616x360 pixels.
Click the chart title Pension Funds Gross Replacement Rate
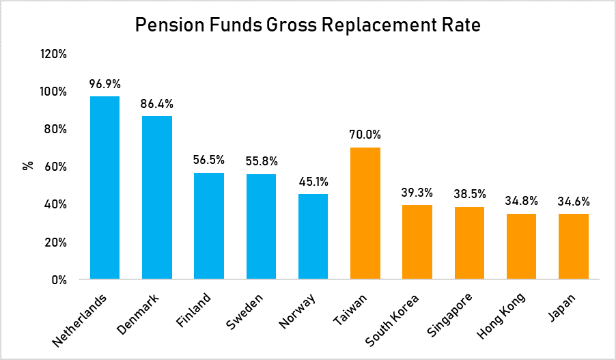click(x=308, y=25)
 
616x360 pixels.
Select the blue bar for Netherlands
click(x=104, y=188)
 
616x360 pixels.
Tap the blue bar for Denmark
click(x=156, y=197)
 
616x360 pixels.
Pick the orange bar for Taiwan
click(x=365, y=213)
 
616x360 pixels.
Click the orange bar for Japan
click(x=573, y=247)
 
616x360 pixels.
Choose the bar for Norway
click(x=313, y=236)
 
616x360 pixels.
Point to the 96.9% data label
click(x=104, y=84)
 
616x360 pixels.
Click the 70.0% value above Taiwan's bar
click(x=365, y=135)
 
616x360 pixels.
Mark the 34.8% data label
click(x=521, y=201)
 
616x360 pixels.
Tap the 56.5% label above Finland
click(x=209, y=161)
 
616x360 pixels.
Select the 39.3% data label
click(x=417, y=192)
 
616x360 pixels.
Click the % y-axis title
click(x=28, y=165)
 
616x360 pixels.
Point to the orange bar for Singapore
click(x=469, y=243)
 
